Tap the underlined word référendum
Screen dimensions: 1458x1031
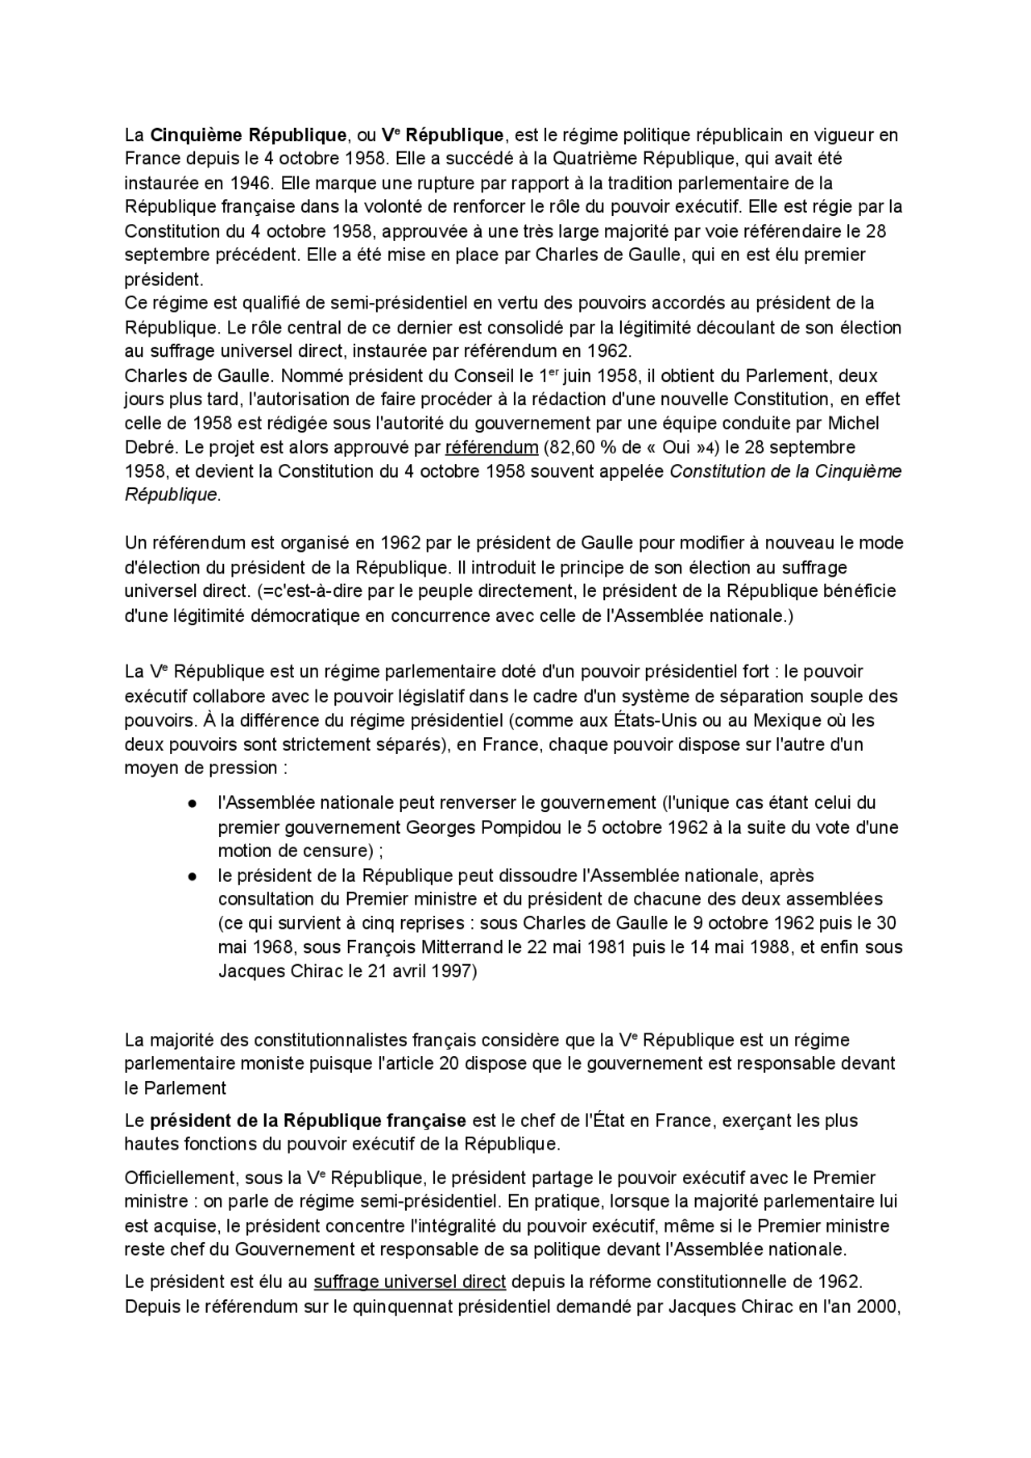click(x=491, y=447)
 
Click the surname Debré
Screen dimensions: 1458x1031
click(x=146, y=447)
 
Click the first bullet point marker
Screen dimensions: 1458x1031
click(x=193, y=803)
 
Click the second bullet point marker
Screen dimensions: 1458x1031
click(x=193, y=876)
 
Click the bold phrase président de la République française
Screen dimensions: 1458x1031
click(x=308, y=1120)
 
